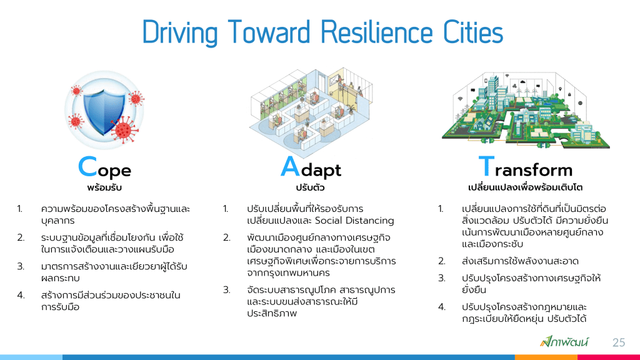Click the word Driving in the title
click(180, 33)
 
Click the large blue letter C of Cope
click(87, 167)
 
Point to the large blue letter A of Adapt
click(290, 166)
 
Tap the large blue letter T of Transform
click(486, 166)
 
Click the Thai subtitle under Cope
click(104, 187)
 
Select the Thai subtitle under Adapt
click(310, 187)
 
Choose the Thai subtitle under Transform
click(525, 187)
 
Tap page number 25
click(619, 342)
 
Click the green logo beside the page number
click(564, 342)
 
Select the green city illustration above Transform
click(525, 111)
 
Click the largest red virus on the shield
click(124, 130)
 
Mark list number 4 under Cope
click(21, 295)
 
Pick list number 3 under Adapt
click(226, 290)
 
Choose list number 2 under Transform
click(442, 261)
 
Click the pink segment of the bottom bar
click(609, 357)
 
